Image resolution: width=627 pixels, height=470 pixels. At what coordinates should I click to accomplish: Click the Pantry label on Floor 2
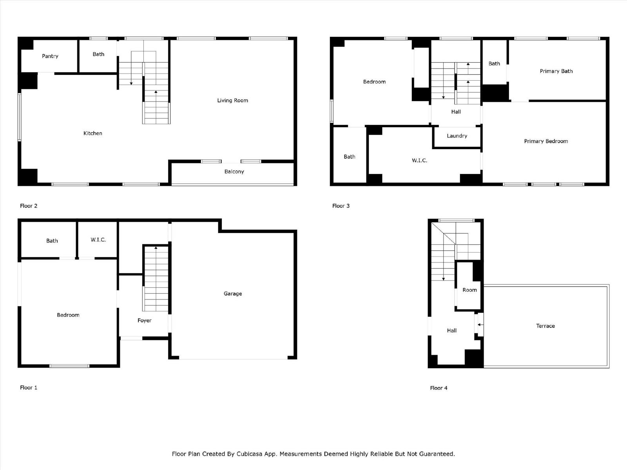(x=50, y=56)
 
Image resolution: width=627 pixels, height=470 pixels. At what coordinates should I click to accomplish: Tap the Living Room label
(x=232, y=100)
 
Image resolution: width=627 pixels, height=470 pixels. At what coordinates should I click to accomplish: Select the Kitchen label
(x=92, y=133)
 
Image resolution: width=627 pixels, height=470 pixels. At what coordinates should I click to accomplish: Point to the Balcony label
(x=234, y=172)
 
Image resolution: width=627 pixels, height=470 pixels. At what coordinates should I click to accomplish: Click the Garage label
(x=233, y=294)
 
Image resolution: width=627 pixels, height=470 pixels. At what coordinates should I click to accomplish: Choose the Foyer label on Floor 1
(x=145, y=320)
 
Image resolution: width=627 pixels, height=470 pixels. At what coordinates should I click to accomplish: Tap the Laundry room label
(x=457, y=136)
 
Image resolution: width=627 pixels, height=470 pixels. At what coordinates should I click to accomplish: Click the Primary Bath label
(x=556, y=71)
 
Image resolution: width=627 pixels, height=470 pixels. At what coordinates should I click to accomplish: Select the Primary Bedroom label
(x=546, y=141)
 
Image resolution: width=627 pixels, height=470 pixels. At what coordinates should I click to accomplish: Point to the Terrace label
(x=545, y=326)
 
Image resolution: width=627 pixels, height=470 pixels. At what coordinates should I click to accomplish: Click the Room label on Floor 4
(x=469, y=290)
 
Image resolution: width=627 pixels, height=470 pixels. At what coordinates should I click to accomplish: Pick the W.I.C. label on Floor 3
(x=419, y=161)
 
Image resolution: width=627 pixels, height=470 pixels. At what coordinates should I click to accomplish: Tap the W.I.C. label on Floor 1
(x=98, y=240)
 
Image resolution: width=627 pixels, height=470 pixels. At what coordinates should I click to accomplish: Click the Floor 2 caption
(x=29, y=206)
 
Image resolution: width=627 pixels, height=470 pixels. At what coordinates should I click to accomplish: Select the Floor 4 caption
(x=439, y=388)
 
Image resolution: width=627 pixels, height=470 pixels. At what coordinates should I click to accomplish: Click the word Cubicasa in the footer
(x=249, y=454)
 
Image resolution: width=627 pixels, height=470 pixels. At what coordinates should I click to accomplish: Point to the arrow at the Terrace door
(x=480, y=325)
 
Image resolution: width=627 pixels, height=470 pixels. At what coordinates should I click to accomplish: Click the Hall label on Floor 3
(x=456, y=112)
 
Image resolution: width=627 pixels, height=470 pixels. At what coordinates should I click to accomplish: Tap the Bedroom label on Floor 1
(x=68, y=315)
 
